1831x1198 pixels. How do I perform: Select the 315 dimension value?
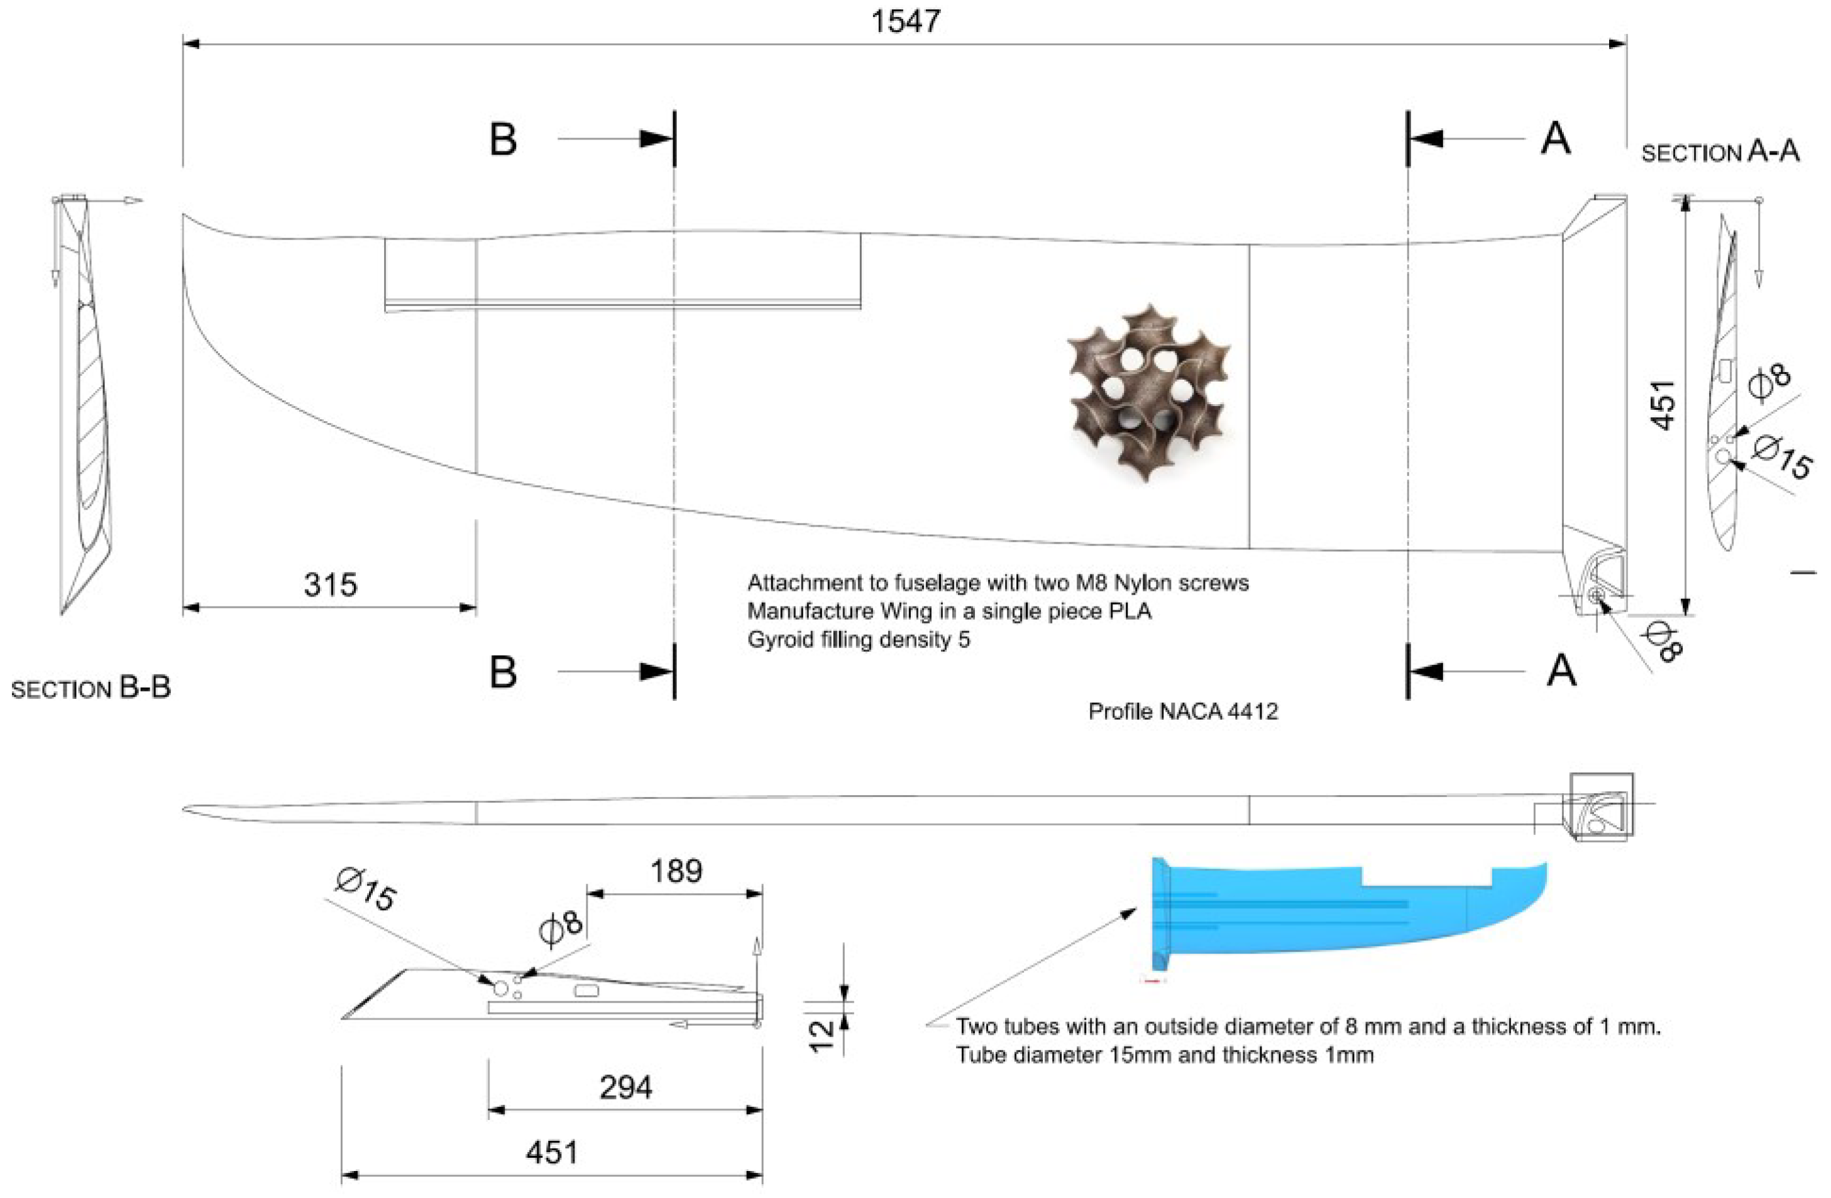(330, 585)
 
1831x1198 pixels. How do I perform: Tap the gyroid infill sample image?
(1148, 392)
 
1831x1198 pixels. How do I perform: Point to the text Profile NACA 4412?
(1182, 711)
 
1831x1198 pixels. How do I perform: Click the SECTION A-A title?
(1720, 151)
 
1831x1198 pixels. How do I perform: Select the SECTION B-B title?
(91, 688)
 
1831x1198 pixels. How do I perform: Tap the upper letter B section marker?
(503, 140)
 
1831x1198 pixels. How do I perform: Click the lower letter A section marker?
(1561, 671)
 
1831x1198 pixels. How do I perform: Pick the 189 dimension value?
(676, 871)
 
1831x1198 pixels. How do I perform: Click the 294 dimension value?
(625, 1087)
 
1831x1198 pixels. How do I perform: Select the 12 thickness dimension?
(822, 1035)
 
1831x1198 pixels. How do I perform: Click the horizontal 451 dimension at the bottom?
(552, 1152)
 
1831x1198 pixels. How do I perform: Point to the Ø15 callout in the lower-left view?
(366, 889)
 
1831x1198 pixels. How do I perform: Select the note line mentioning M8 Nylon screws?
(997, 583)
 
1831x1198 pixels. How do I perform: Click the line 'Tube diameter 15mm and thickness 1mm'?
(1164, 1055)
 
